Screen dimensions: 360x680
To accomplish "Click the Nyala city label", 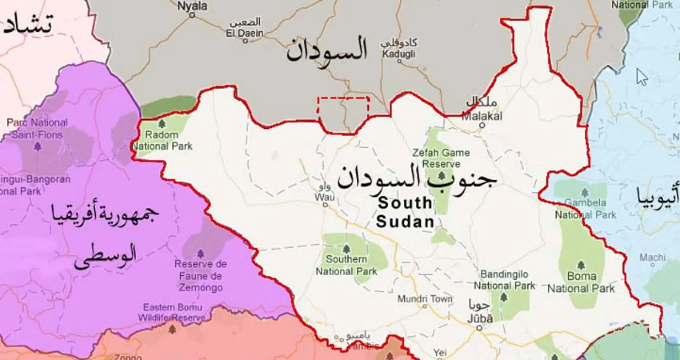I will pyautogui.click(x=192, y=6).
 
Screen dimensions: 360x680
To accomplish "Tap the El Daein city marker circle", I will pyautogui.click(x=246, y=41).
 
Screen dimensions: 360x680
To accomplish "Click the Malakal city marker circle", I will pyautogui.click(x=482, y=125).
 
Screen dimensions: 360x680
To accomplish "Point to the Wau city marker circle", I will pyautogui.click(x=325, y=205).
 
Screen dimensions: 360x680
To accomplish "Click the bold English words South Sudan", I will pyautogui.click(x=405, y=212).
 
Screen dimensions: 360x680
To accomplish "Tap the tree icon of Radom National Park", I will pyautogui.click(x=162, y=123).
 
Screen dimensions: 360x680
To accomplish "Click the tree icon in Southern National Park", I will pyautogui.click(x=346, y=249).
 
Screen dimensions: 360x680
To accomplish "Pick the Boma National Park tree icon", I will pyautogui.click(x=581, y=265).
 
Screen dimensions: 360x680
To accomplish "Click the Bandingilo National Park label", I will pyautogui.click(x=504, y=280).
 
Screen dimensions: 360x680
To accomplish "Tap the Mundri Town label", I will pyautogui.click(x=425, y=299).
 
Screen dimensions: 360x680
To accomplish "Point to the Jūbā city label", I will pyautogui.click(x=480, y=319).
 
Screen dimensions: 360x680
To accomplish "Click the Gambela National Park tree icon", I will pyautogui.click(x=585, y=192).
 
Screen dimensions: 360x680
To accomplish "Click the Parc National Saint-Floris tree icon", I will pyautogui.click(x=38, y=146).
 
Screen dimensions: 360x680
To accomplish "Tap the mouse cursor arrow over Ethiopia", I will pyautogui.click(x=641, y=77).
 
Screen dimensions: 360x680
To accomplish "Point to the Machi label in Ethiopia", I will pyautogui.click(x=653, y=258).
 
